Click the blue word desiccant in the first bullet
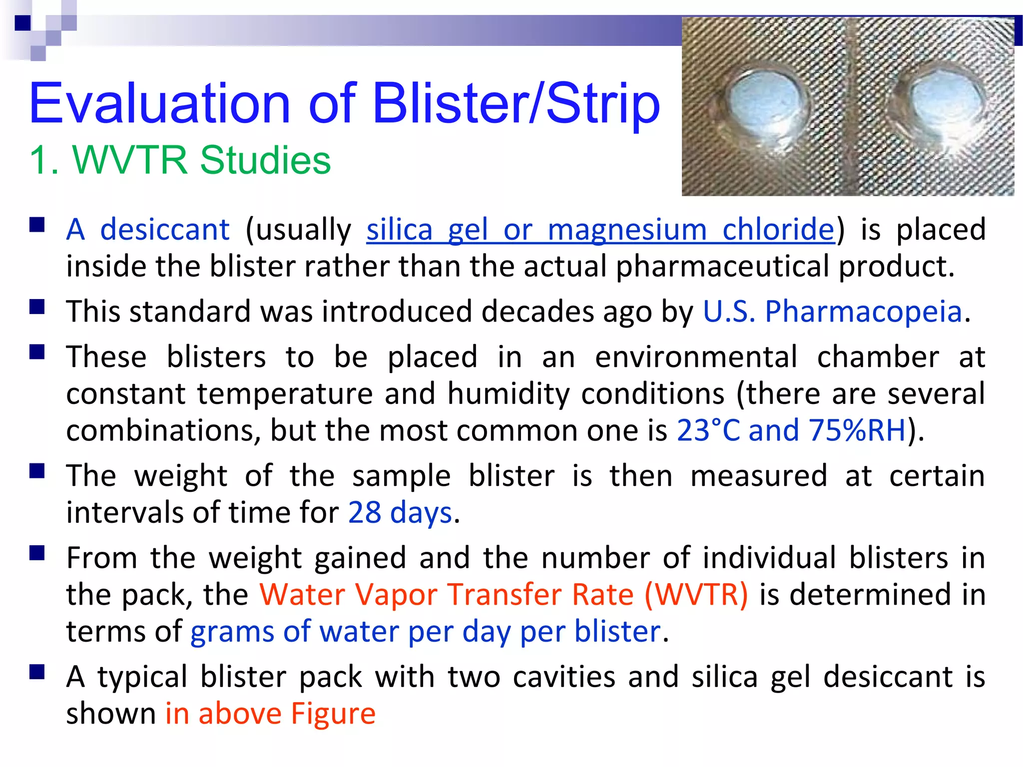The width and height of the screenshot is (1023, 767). [165, 230]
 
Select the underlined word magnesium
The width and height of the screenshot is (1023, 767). [627, 230]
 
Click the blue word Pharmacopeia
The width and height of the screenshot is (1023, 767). [863, 312]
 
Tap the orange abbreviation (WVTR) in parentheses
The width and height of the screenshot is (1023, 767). [696, 595]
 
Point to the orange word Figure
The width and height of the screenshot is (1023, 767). [333, 713]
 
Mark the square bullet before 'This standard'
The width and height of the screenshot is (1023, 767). [37, 306]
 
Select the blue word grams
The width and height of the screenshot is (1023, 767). [232, 632]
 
